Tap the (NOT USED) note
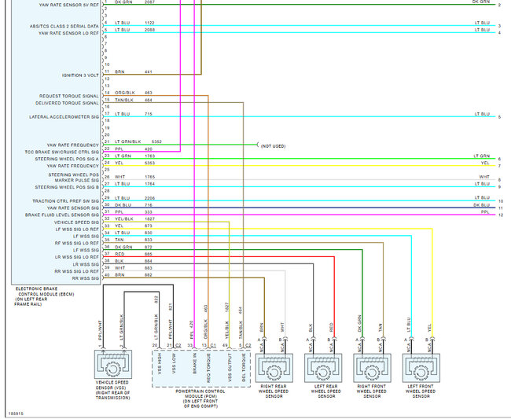(274, 145)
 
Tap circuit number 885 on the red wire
(148, 253)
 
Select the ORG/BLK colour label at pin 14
(123, 93)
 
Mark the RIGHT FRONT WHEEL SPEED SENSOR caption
(370, 391)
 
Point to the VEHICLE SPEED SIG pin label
(76, 222)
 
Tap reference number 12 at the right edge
(500, 215)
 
